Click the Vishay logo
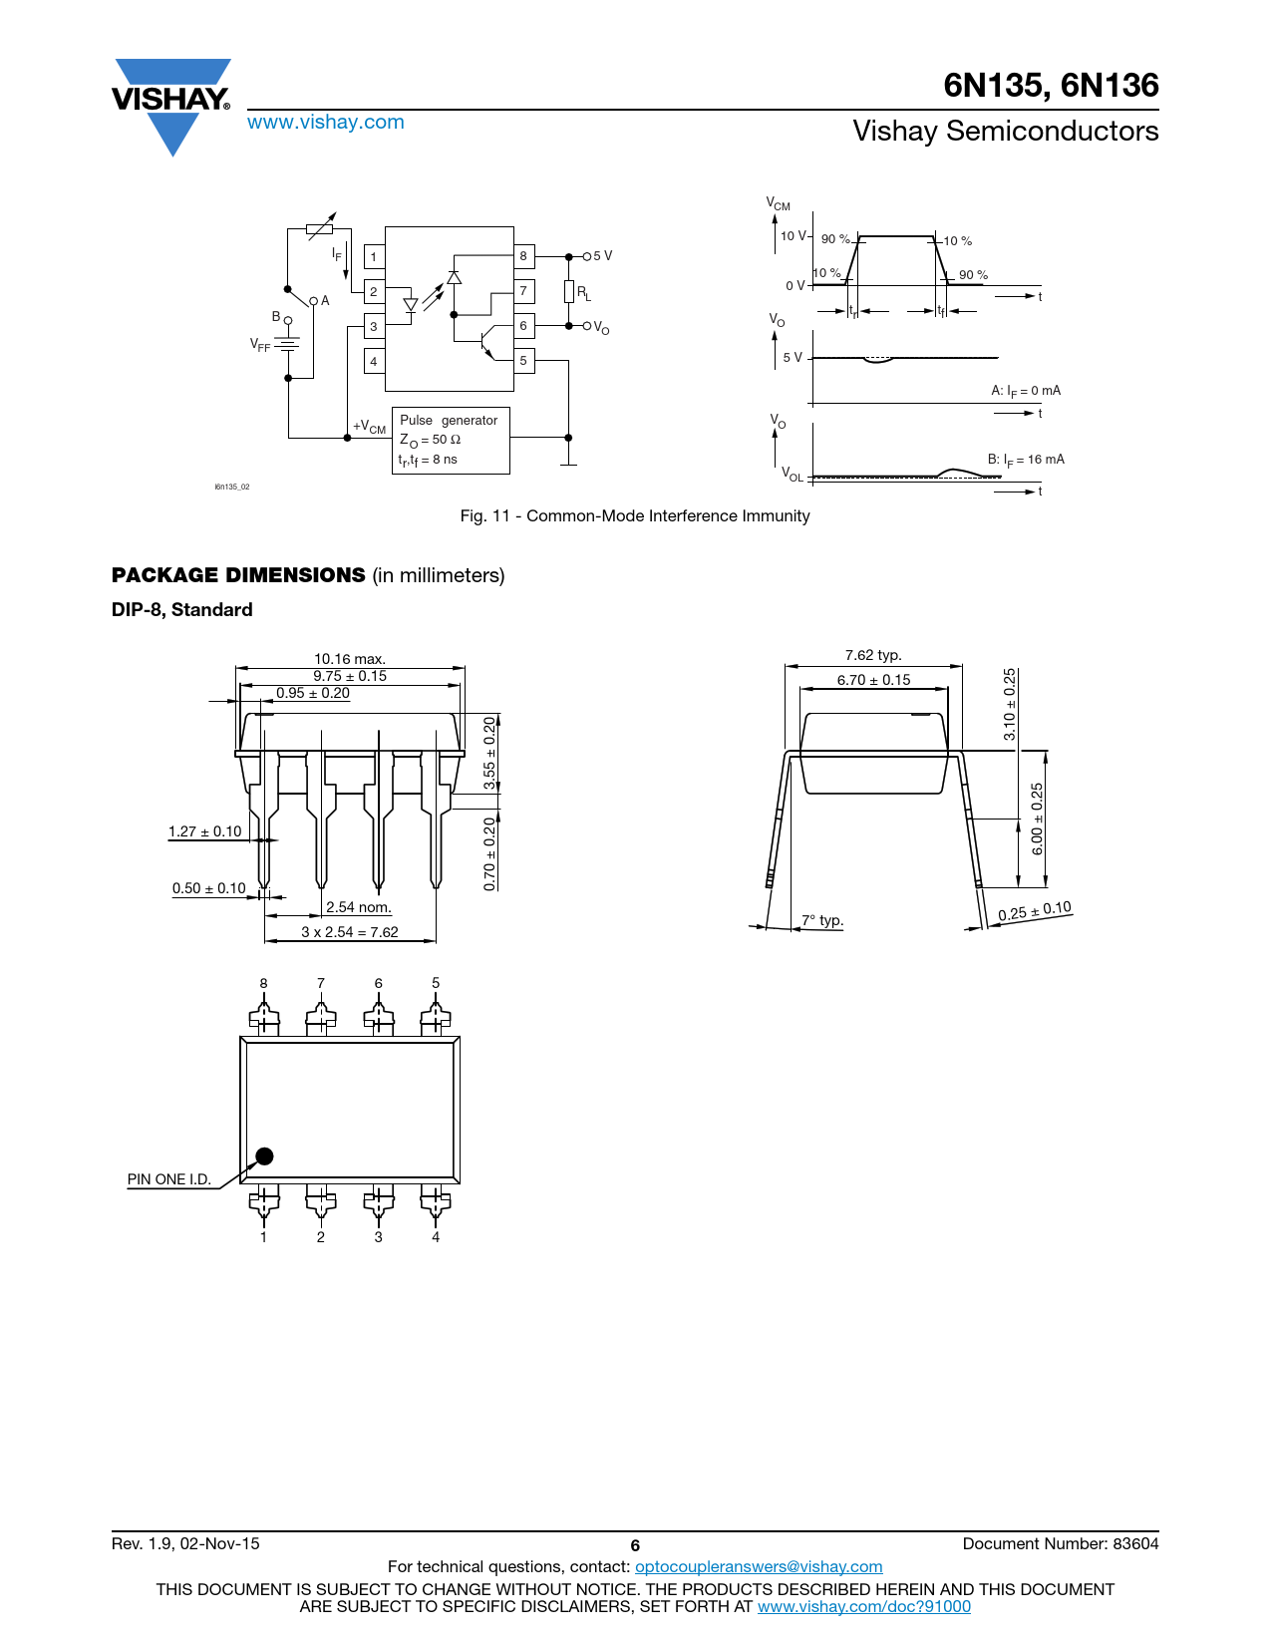pyautogui.click(x=171, y=107)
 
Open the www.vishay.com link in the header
pyautogui.click(x=326, y=122)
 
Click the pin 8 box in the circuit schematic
pyautogui.click(x=523, y=256)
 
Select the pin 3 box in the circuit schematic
pyautogui.click(x=373, y=326)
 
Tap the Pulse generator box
pyautogui.click(x=451, y=441)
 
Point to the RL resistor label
pyautogui.click(x=583, y=293)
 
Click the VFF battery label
pyautogui.click(x=259, y=345)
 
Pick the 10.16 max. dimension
pyautogui.click(x=350, y=659)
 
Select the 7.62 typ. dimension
pyautogui.click(x=873, y=655)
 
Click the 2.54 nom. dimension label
pyautogui.click(x=358, y=906)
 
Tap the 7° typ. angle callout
pyautogui.click(x=822, y=920)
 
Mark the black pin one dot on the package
pyautogui.click(x=264, y=1155)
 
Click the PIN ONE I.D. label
pyautogui.click(x=168, y=1178)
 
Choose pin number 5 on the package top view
pyautogui.click(x=436, y=983)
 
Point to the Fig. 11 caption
pyautogui.click(x=634, y=515)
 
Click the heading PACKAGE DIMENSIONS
pyautogui.click(x=238, y=575)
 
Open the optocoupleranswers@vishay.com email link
pyautogui.click(x=759, y=1566)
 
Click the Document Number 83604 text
pyautogui.click(x=1060, y=1543)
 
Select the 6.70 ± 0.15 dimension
pyautogui.click(x=873, y=680)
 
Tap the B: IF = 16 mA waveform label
pyautogui.click(x=1026, y=460)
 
